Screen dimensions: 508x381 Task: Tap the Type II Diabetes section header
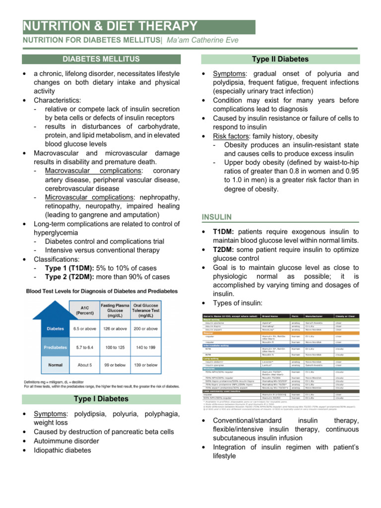280,59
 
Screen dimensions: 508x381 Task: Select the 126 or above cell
115,328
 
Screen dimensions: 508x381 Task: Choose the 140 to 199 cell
146,347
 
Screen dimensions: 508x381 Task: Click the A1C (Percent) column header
84,310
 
